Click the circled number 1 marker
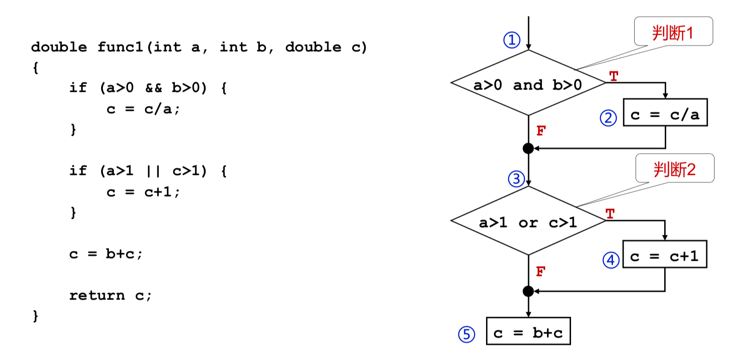(x=511, y=40)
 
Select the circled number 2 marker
(x=608, y=118)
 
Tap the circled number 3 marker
(x=517, y=179)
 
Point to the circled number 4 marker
(x=611, y=260)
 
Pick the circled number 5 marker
(x=466, y=334)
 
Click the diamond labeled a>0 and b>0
(x=528, y=83)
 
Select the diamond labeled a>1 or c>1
(x=528, y=221)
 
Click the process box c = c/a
(x=665, y=112)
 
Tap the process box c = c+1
(x=665, y=254)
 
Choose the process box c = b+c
(x=528, y=331)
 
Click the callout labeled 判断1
(x=673, y=32)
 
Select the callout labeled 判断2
(x=674, y=169)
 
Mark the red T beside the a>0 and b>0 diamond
(x=613, y=76)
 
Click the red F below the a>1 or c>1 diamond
(x=541, y=271)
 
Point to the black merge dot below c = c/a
(x=529, y=148)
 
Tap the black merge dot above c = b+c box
(x=529, y=291)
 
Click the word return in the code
(x=97, y=295)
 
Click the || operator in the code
(x=153, y=171)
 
